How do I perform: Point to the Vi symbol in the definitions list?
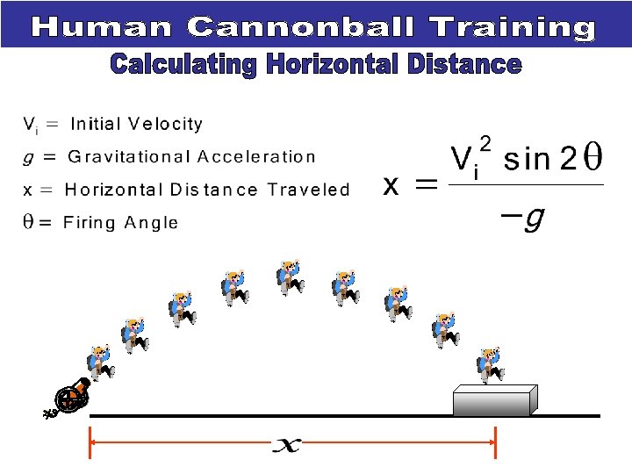[30, 126]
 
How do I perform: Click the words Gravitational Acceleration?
[191, 157]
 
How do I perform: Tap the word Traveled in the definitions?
[308, 190]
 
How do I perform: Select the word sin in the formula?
[524, 160]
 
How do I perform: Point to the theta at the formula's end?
[592, 159]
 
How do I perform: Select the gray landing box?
[493, 400]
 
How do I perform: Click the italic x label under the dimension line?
[286, 446]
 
